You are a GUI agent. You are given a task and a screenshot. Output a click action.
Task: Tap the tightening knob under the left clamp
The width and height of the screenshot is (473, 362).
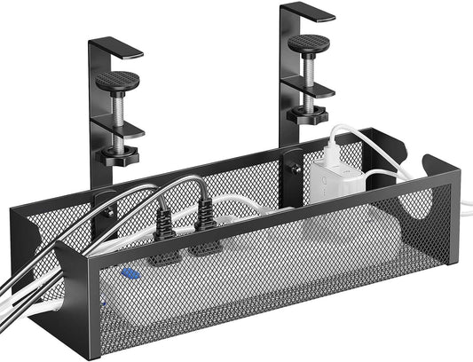[x=118, y=158]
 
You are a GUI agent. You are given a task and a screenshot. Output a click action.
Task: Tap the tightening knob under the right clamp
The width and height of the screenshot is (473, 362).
[x=309, y=115]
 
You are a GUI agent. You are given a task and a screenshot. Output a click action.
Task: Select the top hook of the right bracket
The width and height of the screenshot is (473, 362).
[x=307, y=11]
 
